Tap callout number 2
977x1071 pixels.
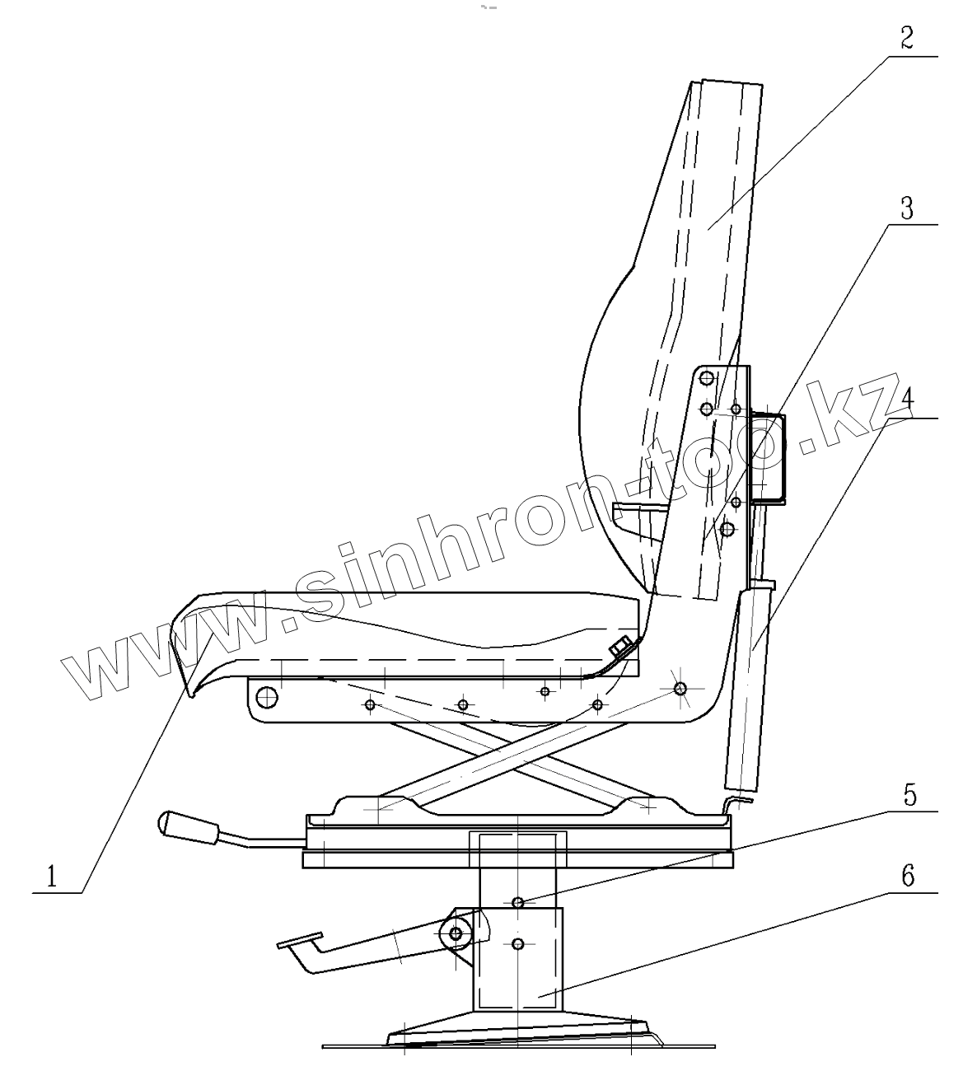point(906,39)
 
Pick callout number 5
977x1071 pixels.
point(908,796)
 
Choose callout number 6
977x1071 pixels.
point(907,876)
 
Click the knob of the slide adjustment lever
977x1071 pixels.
point(188,825)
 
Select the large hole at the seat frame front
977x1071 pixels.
point(266,697)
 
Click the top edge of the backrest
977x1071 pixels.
point(725,82)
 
